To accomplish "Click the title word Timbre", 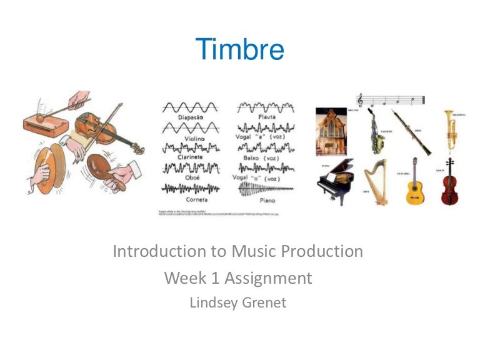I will pyautogui.click(x=240, y=49).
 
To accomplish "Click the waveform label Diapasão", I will pyautogui.click(x=189, y=116).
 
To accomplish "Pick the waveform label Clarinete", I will pyautogui.click(x=189, y=159).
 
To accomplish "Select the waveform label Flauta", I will pyautogui.click(x=266, y=116).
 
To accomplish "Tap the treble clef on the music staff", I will pyautogui.click(x=360, y=100).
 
